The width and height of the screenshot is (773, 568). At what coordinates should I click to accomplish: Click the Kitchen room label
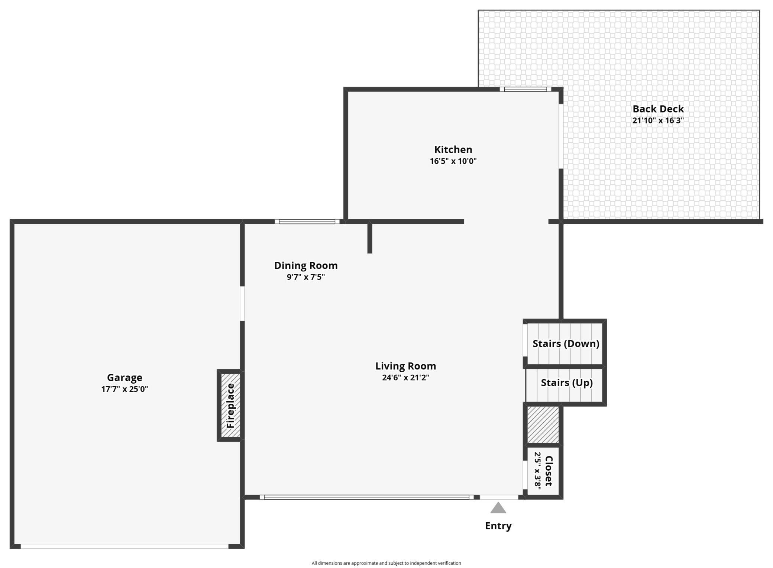[453, 149]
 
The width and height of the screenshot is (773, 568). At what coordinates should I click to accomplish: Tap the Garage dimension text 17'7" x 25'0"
[124, 389]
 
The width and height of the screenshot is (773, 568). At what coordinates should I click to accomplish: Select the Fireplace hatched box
[230, 405]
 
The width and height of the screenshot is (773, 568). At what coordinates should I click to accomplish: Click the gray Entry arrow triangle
[498, 508]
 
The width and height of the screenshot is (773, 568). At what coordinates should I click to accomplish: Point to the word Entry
[498, 526]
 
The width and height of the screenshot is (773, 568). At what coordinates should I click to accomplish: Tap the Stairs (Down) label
[566, 343]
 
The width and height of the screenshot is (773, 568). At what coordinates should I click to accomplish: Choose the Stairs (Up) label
[566, 383]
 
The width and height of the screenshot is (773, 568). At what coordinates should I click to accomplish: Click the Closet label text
[549, 471]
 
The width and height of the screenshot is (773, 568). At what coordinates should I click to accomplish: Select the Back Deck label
[658, 109]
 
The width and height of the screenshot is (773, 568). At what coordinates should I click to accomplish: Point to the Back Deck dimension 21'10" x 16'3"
[658, 120]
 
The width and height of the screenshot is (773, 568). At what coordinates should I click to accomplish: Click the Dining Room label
[306, 265]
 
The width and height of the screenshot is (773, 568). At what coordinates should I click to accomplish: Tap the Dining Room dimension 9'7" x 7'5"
[306, 277]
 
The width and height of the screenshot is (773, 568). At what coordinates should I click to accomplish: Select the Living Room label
[405, 366]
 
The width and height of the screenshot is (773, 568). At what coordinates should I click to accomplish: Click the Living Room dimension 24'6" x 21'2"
[405, 378]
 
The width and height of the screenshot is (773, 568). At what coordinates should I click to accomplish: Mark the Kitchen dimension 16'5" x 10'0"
[453, 161]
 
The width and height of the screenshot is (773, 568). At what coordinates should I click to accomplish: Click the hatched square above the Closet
[543, 425]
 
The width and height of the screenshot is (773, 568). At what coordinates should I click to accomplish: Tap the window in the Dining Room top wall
[307, 222]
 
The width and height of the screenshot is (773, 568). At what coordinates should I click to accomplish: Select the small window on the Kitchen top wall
[525, 89]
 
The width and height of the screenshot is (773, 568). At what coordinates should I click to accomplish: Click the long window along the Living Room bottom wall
[366, 497]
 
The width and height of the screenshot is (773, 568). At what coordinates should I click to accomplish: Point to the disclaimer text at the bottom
[386, 563]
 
